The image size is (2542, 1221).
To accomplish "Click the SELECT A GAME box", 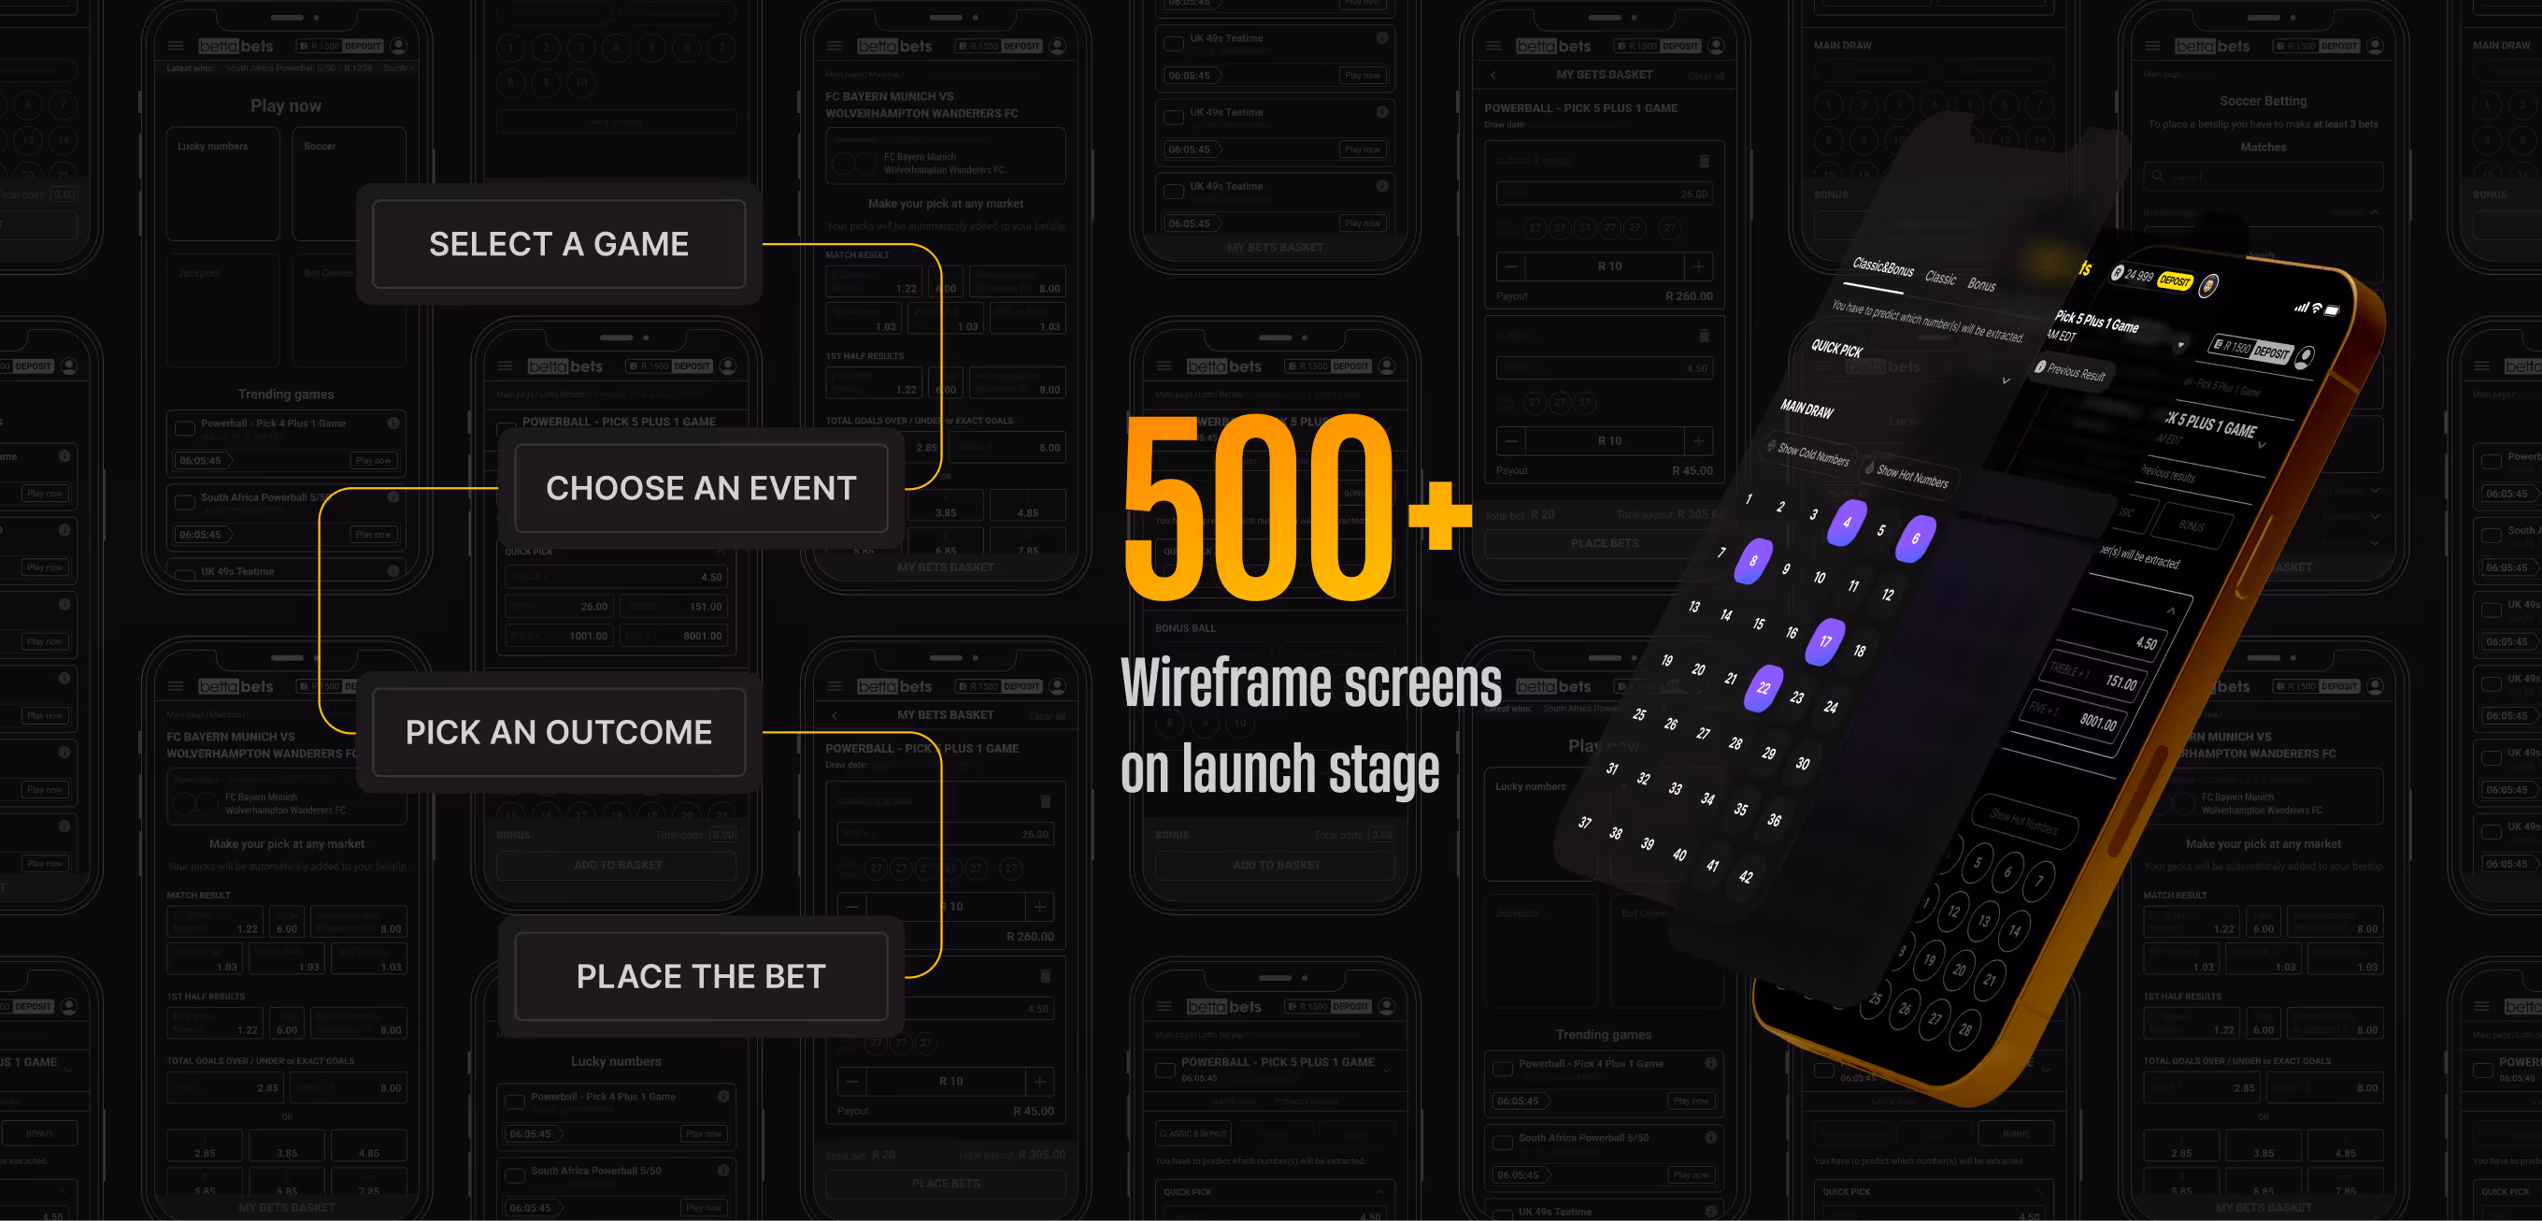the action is [x=559, y=244].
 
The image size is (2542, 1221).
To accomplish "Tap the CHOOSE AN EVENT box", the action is [x=701, y=488].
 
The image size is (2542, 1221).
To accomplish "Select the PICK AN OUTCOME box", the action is [x=559, y=731].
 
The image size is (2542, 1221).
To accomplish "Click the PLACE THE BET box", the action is [x=701, y=976].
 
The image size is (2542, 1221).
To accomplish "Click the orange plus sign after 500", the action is [x=1440, y=514].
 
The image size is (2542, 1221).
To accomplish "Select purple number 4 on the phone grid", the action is [x=1847, y=523].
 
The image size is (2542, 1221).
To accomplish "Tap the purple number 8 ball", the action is [x=1753, y=561].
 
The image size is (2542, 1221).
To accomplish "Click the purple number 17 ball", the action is [x=1825, y=640].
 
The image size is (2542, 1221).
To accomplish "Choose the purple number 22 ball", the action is [x=1764, y=688].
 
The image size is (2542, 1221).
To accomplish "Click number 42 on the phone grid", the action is [x=1746, y=877].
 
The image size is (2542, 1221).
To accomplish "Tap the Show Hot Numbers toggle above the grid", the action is [x=1911, y=477].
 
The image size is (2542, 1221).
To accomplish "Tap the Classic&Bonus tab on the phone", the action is [x=1883, y=267].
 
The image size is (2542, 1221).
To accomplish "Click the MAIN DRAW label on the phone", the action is [x=1807, y=409].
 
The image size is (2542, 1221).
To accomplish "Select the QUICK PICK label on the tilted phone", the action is [x=1836, y=350].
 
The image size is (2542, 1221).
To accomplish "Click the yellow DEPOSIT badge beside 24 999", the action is [x=2174, y=281].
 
